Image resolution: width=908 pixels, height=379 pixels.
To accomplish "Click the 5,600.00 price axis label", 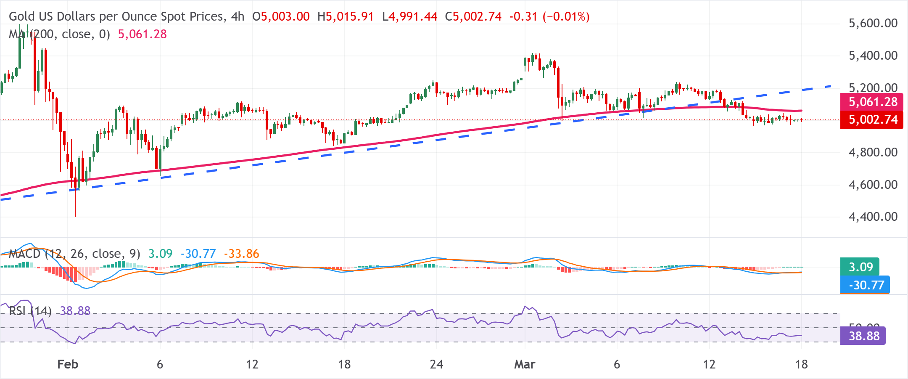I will point(873,23).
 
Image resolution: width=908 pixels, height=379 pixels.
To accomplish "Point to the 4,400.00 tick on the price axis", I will point(873,217).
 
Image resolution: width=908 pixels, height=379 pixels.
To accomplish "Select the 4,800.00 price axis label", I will point(873,152).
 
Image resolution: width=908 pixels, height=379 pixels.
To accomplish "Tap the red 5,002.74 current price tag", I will point(871,120).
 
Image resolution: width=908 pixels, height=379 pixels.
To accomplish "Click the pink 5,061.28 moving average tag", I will point(871,102).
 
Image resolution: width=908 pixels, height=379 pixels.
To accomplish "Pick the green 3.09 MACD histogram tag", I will point(860,267).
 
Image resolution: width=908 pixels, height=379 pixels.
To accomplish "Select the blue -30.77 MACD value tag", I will point(865,285).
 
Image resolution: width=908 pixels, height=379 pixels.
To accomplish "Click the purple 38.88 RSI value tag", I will point(863,336).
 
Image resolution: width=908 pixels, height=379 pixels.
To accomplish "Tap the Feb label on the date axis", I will point(68,364).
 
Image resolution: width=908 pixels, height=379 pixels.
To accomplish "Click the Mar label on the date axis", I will point(525,364).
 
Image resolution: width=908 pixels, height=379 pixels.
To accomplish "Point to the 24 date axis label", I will point(436,364).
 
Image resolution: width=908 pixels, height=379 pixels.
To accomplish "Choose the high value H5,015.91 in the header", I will point(346,16).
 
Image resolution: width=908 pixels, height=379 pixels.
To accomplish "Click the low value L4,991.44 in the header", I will point(410,16).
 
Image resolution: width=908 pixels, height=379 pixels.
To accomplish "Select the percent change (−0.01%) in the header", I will point(566,16).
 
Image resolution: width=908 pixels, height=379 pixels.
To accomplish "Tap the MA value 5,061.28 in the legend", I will point(142,34).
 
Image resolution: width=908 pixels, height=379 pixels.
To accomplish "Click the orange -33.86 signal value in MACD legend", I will point(241,254).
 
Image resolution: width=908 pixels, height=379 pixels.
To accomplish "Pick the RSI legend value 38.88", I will point(75,311).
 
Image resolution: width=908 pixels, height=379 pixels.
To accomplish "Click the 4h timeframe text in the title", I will point(238,16).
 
